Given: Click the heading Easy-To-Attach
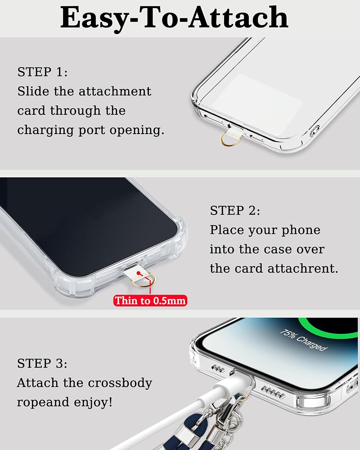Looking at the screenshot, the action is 174,18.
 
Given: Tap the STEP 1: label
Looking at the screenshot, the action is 42,72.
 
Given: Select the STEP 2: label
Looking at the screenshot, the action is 235,210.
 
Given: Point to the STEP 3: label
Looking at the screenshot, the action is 42,363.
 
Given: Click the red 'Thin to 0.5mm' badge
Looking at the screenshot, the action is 150,301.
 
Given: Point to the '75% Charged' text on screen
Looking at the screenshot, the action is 303,340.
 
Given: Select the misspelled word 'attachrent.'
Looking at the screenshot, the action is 303,269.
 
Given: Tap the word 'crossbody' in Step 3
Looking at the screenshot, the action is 120,383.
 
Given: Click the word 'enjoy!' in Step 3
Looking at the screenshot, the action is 93,402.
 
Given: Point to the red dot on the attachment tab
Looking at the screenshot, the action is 139,273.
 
